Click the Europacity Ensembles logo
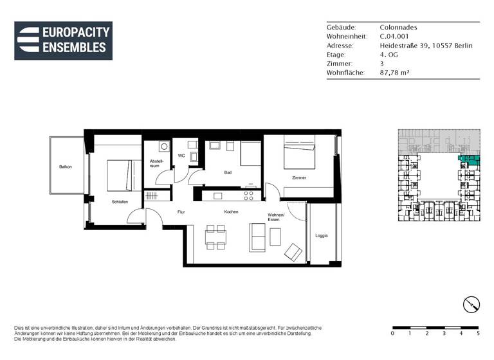pos(63,40)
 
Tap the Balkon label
pos(65,167)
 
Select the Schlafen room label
pos(120,202)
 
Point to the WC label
pos(181,156)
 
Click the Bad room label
pos(228,172)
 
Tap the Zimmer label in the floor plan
pos(298,177)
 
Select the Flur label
pos(181,212)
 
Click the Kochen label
pos(232,212)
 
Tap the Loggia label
pos(322,235)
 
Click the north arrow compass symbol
pos(471,304)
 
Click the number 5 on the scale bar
pos(478,334)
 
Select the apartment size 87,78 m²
pos(394,73)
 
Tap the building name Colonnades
pos(398,28)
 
